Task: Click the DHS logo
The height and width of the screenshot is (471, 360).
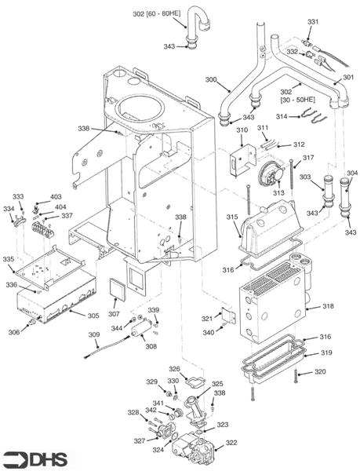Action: [x=35, y=458]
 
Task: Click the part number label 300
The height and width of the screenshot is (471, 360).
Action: [x=211, y=80]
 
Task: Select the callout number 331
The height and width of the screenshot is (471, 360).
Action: [x=313, y=21]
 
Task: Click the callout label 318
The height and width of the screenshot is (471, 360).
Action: [x=328, y=306]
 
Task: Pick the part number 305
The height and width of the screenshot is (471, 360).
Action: [x=93, y=316]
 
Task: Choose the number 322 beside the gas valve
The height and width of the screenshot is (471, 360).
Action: [x=231, y=443]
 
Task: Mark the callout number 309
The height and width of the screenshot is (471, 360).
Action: [x=93, y=335]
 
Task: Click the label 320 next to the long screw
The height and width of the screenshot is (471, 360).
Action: [x=320, y=371]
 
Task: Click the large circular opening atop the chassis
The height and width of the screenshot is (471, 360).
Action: [x=145, y=108]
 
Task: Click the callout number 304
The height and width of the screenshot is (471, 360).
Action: [x=351, y=173]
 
